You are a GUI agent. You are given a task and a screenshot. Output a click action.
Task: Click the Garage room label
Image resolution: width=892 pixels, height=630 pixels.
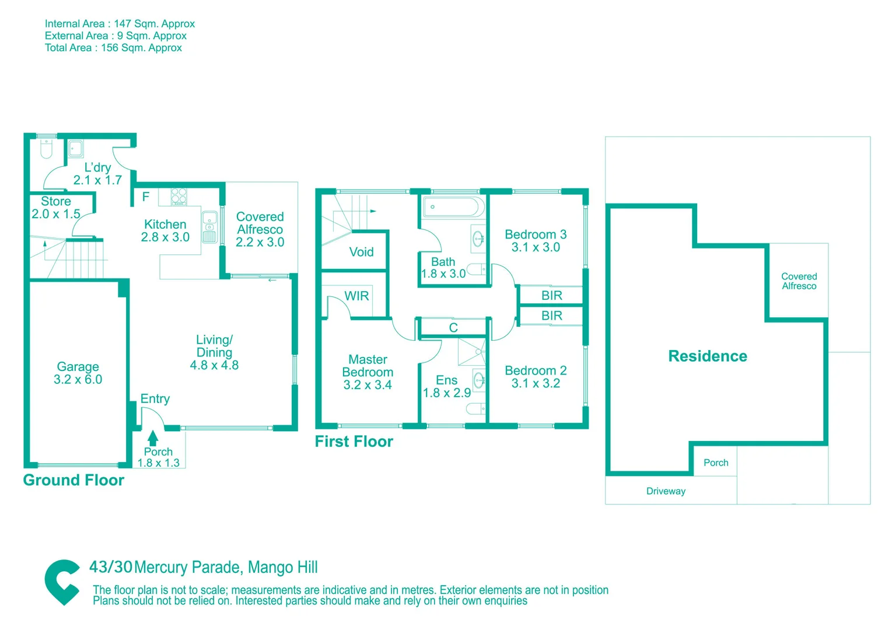point(78,367)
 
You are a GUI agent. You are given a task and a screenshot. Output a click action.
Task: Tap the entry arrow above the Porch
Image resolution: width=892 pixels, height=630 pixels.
point(153,437)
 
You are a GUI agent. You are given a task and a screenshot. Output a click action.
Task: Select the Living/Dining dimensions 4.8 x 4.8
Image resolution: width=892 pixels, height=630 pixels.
point(214,366)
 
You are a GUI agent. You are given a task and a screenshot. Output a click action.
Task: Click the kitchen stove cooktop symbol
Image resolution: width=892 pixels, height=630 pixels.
point(179,196)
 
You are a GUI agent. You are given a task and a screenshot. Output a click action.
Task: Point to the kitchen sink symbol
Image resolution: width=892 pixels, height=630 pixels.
point(209,227)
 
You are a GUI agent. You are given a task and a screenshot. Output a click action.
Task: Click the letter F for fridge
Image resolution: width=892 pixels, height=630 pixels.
point(146,197)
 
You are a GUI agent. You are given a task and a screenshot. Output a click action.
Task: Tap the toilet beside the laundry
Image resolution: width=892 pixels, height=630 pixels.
point(46,149)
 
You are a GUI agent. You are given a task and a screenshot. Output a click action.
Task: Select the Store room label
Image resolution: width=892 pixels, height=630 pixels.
point(56,201)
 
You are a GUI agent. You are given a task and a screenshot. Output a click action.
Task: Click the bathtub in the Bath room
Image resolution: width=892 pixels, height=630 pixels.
point(453,207)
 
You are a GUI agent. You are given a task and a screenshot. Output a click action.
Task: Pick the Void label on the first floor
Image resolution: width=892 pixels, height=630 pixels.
point(361,252)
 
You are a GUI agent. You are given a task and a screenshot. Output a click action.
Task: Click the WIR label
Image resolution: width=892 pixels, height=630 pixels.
point(356,296)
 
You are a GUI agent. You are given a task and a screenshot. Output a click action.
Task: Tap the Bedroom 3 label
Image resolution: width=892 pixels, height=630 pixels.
point(536,235)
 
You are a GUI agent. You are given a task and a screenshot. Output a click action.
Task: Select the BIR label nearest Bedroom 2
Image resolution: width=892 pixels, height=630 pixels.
point(551,316)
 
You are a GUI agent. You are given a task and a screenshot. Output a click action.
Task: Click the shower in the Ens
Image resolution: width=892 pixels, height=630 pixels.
point(471,352)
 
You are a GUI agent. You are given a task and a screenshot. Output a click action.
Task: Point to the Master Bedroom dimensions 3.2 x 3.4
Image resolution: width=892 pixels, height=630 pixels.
point(368,385)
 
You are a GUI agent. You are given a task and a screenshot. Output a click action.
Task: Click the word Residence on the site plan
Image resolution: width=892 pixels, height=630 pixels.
point(707,356)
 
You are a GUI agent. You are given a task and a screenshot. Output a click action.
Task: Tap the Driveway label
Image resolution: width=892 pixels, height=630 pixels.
point(666,491)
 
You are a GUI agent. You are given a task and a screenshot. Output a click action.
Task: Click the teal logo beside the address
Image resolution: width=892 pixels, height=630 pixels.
point(62,582)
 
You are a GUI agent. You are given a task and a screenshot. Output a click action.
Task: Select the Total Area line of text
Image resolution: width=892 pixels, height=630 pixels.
point(113,48)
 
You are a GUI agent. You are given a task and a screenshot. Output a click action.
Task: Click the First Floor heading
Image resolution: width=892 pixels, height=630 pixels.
point(354,442)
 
